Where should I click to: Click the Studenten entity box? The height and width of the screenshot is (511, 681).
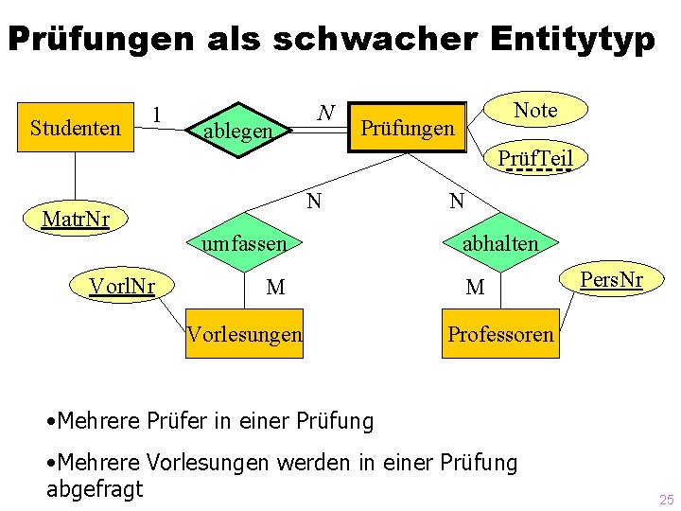coord(75,128)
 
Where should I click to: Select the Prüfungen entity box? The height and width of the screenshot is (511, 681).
coord(410,128)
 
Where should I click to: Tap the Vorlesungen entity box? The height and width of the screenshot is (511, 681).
coord(245,333)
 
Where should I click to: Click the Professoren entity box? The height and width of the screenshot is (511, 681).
coord(500,333)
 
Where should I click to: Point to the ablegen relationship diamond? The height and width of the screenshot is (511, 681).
coord(237,132)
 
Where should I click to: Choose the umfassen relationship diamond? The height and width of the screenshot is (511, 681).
coord(243,243)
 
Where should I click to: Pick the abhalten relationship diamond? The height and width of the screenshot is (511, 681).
coord(499,243)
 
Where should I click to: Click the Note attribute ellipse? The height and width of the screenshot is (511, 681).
coord(535,110)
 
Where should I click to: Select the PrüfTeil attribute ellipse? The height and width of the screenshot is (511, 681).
coord(535,159)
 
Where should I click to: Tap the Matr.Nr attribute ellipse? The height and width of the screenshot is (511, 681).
coord(77,220)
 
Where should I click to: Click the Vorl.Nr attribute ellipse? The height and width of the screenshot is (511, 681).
coord(122,285)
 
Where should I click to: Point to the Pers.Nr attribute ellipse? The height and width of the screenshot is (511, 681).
coord(611,279)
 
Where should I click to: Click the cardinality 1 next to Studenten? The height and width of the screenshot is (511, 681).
coord(157,115)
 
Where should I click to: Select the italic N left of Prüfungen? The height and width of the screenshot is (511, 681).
coord(325,114)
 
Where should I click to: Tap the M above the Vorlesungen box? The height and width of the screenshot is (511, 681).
coord(275,287)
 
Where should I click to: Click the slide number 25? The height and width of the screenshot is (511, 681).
coord(667,500)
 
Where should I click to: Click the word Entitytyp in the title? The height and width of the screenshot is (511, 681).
coord(573,39)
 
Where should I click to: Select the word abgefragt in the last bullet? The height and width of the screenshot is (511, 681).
coord(95,488)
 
